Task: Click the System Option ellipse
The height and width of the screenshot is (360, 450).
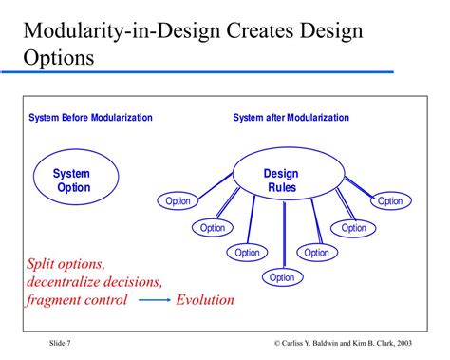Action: pyautogui.click(x=71, y=180)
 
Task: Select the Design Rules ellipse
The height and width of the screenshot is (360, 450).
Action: pyautogui.click(x=281, y=180)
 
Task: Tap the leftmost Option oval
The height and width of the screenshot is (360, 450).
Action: pyautogui.click(x=178, y=200)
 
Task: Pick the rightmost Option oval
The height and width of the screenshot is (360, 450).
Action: pyautogui.click(x=390, y=200)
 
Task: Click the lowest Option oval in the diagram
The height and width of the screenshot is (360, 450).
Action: pyautogui.click(x=282, y=277)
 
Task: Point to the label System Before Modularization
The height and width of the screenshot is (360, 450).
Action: pyautogui.click(x=90, y=118)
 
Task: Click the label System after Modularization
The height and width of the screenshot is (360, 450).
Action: pyautogui.click(x=291, y=118)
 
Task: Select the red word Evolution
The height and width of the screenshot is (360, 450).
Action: pyautogui.click(x=205, y=300)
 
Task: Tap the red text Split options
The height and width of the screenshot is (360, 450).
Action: pyautogui.click(x=66, y=263)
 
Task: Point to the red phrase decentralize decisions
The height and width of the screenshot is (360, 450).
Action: pyautogui.click(x=95, y=281)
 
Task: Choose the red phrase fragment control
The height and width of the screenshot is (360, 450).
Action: pyautogui.click(x=77, y=300)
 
